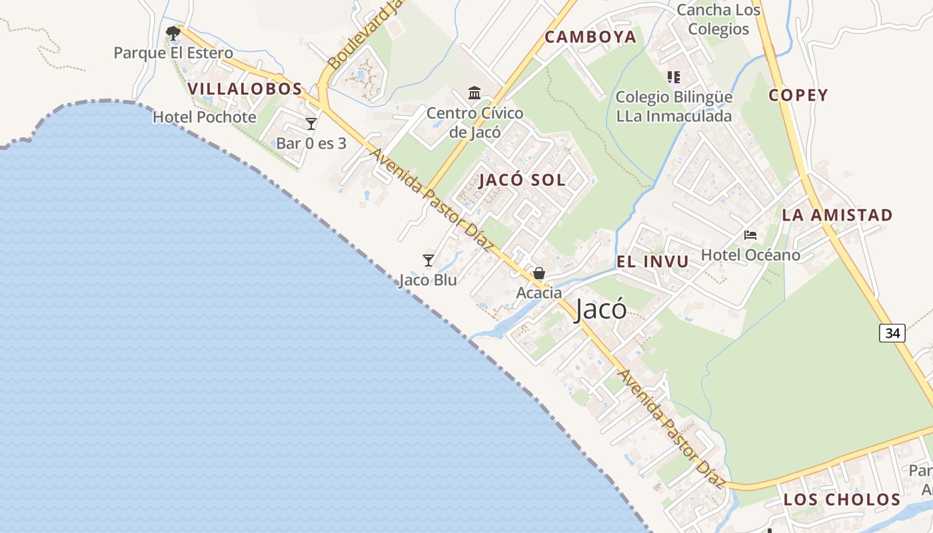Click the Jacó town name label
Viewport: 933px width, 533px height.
(600, 309)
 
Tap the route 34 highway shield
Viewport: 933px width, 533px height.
(892, 332)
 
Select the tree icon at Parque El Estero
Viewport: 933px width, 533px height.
(173, 33)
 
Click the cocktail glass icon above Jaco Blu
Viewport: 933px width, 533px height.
(429, 260)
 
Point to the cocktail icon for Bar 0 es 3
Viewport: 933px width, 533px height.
(311, 123)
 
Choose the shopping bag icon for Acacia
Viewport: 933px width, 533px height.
(539, 273)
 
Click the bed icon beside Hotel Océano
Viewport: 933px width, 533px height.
(750, 235)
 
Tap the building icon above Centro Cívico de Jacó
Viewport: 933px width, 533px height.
(474, 93)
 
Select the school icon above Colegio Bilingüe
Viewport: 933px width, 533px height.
(674, 77)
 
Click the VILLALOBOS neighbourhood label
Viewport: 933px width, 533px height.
(245, 89)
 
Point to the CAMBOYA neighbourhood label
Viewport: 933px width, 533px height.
(590, 37)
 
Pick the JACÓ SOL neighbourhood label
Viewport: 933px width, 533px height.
(522, 180)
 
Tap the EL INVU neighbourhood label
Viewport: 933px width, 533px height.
(652, 262)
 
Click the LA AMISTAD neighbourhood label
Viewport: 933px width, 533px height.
(837, 215)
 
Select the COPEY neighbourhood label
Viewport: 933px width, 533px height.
(798, 95)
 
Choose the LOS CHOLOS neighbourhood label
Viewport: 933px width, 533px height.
(842, 500)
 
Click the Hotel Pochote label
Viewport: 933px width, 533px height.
(205, 117)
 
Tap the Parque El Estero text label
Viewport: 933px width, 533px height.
(173, 53)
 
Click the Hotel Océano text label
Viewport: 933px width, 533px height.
(750, 255)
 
